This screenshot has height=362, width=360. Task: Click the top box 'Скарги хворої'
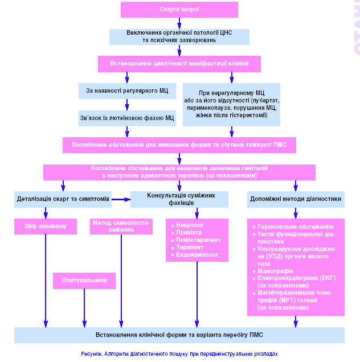179,10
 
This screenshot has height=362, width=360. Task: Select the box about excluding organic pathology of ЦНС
179,36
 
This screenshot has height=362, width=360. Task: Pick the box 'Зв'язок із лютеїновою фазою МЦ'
127,118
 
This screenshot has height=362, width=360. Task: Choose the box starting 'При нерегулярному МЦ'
232,104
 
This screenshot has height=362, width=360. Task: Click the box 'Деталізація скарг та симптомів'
64,199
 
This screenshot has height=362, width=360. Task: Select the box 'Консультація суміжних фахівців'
179,199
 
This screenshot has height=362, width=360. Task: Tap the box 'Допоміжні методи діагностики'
296,199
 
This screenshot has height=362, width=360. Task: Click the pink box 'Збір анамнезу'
46,226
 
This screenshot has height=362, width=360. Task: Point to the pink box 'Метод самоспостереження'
121,226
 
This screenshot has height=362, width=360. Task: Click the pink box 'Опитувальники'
84,281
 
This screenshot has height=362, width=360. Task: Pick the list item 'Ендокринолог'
197,255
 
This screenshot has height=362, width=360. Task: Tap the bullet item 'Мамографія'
276,271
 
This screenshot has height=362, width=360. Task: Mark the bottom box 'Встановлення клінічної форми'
179,335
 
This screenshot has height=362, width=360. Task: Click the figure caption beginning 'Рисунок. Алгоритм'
179,353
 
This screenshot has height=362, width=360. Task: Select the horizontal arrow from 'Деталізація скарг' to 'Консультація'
121,199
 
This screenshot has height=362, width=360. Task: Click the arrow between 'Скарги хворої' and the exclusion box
179,23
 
